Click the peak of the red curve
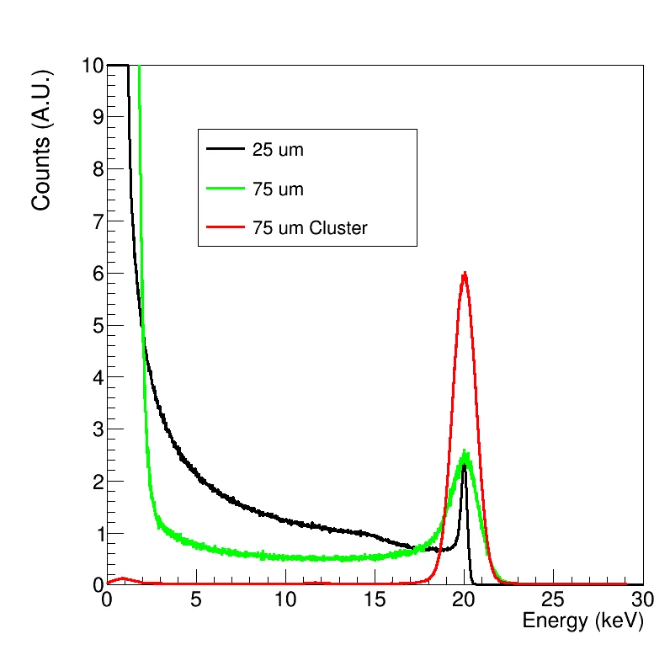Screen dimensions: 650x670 coord(464,274)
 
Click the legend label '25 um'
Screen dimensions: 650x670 coord(278,152)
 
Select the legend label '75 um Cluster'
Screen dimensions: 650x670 coord(310,227)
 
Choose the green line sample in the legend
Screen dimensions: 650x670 coord(225,189)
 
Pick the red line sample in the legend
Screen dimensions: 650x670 coord(225,227)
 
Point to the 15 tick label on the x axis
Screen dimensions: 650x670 coord(375,600)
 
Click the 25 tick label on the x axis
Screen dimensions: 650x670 coord(553,600)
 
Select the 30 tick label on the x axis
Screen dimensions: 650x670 coord(642,600)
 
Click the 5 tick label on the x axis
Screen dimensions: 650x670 coord(196,600)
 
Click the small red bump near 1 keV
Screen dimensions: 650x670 coord(124,578)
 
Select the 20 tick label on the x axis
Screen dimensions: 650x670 coord(464,600)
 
